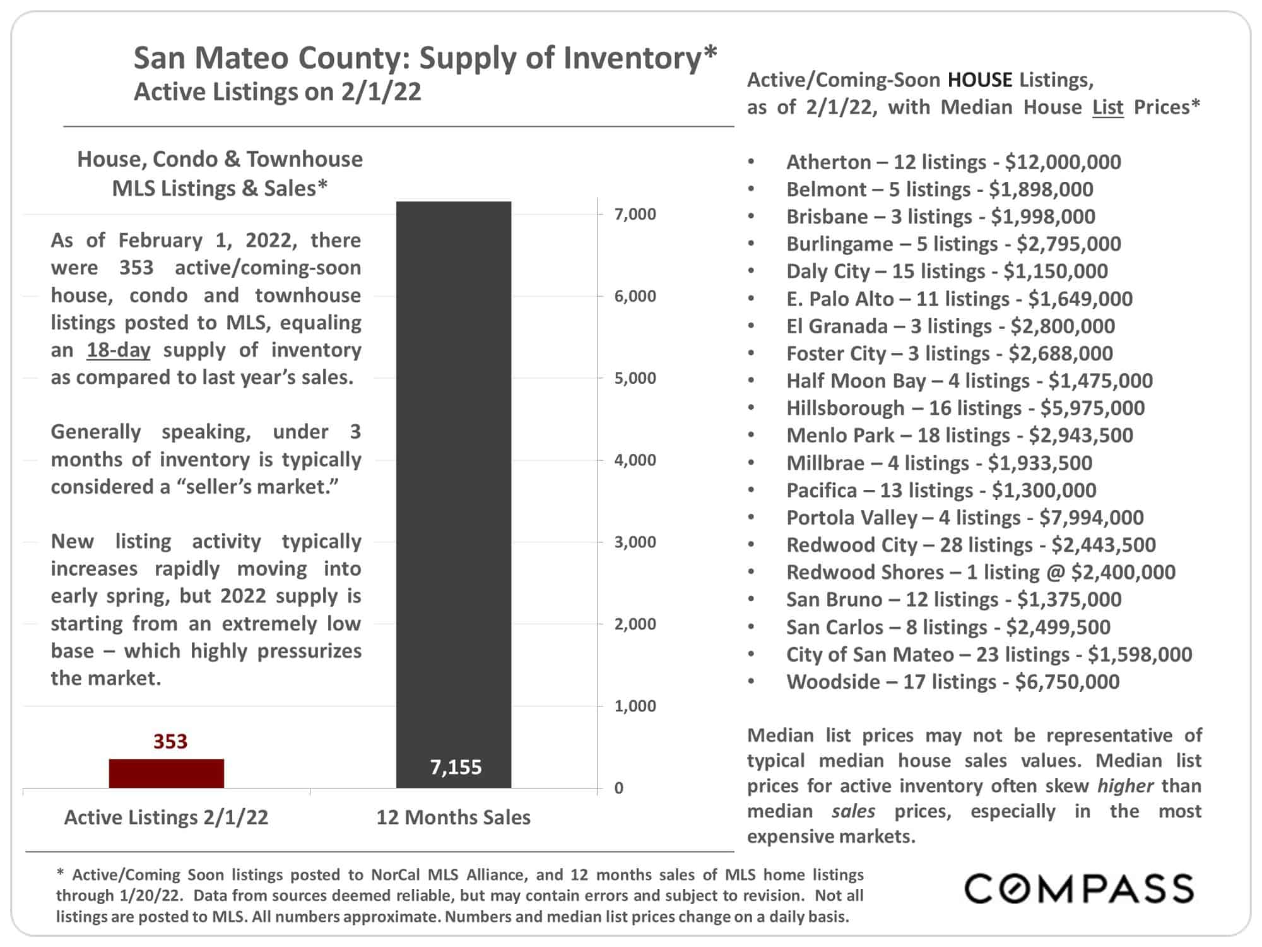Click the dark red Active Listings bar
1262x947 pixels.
pos(166,773)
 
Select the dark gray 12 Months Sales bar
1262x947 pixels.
pos(454,495)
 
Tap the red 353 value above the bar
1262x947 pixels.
pos(170,741)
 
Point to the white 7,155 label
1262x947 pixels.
pos(456,767)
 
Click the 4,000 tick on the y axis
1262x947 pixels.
pos(635,460)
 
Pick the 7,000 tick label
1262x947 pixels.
pos(635,214)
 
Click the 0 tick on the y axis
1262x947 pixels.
pos(619,788)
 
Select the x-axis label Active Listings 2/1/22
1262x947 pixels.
pos(166,818)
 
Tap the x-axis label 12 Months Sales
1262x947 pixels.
pos(454,818)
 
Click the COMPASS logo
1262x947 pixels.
pos(1079,889)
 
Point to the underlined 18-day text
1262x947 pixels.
pos(119,350)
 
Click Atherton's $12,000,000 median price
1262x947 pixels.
pos(1063,162)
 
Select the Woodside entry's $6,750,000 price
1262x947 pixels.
pos(1068,682)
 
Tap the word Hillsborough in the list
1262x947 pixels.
pos(846,408)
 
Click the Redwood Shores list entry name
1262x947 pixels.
pos(865,573)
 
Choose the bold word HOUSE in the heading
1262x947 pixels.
pos(981,80)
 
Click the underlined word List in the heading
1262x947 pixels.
pos(1108,107)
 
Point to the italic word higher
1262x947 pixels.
pos(1126,786)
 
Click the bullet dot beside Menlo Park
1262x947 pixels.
pos(751,436)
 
